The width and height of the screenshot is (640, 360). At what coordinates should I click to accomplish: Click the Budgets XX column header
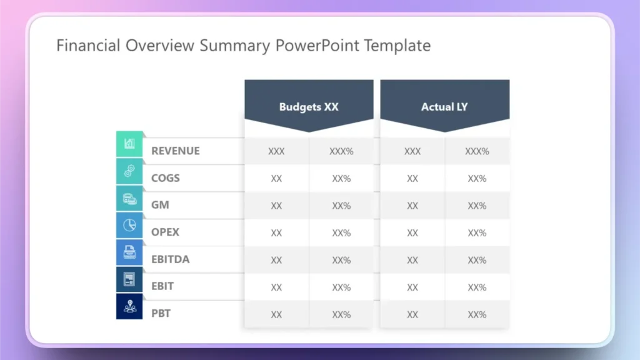tap(309, 107)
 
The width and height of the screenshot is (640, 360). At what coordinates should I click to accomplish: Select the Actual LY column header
tap(444, 107)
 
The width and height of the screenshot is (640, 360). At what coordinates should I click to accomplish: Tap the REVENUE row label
tap(176, 151)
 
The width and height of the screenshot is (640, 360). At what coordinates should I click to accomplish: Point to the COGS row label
tap(166, 178)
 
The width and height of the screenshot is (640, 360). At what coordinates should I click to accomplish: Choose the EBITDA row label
tap(170, 259)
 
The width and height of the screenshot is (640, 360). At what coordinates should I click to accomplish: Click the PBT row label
tap(161, 314)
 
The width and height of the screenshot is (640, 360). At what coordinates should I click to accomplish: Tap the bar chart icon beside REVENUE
tap(129, 144)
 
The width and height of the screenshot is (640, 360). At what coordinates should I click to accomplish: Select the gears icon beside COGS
tap(129, 171)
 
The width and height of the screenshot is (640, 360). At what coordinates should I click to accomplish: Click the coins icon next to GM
tap(129, 198)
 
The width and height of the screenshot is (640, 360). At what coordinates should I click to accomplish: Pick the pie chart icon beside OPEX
tap(129, 225)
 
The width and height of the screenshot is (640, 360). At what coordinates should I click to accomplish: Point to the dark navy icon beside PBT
tap(129, 306)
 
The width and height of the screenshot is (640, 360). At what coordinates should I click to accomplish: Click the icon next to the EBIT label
tap(129, 279)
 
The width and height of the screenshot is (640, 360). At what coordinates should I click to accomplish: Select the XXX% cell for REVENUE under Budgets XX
tap(341, 151)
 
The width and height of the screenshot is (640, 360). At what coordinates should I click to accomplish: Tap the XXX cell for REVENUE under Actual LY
tap(412, 151)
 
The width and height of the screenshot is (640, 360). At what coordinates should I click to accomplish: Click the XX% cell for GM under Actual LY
tap(477, 206)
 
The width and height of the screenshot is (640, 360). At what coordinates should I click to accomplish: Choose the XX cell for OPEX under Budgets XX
tap(276, 233)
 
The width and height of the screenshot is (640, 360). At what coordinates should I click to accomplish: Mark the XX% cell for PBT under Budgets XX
tap(341, 314)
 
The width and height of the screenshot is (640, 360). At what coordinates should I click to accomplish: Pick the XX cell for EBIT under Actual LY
tap(412, 287)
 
